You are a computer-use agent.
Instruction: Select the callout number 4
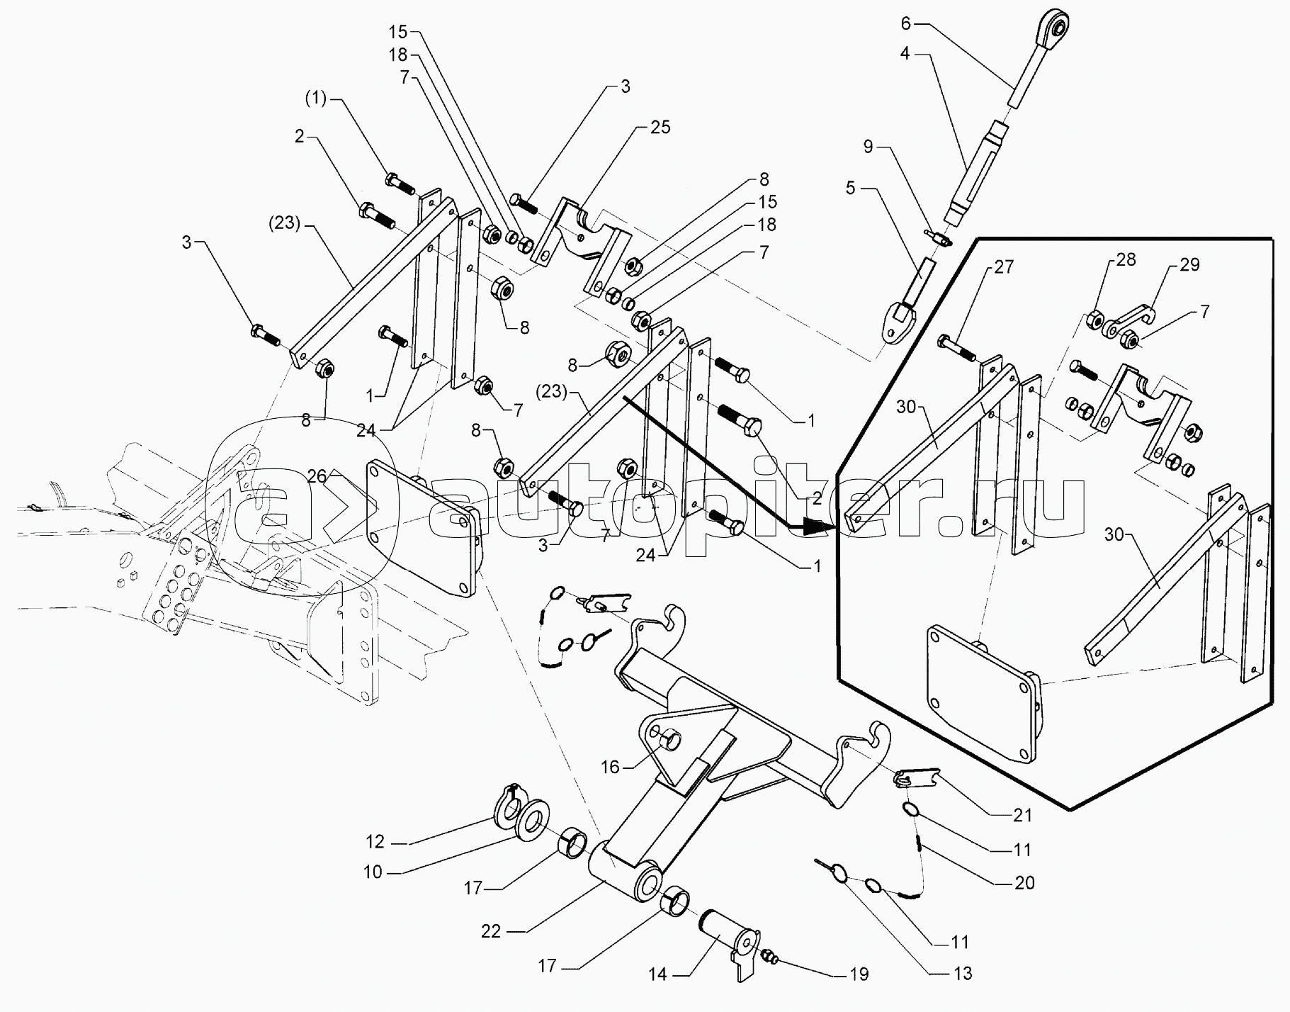coord(905,53)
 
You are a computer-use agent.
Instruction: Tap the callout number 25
coord(660,128)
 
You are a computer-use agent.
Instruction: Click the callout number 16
coord(610,767)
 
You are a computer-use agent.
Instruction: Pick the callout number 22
coord(490,932)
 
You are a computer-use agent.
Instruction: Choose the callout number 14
coord(657,975)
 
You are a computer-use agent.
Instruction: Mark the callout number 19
coord(859,975)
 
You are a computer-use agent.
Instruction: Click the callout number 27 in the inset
coord(1004,267)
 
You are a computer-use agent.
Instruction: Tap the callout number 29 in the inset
coord(1189,264)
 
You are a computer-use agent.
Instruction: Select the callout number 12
coord(375,842)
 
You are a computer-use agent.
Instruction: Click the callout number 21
coord(1022,816)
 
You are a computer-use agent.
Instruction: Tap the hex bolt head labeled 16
coord(669,741)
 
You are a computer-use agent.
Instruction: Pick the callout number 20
coord(1024,882)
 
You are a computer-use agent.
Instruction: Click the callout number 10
coord(373,872)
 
